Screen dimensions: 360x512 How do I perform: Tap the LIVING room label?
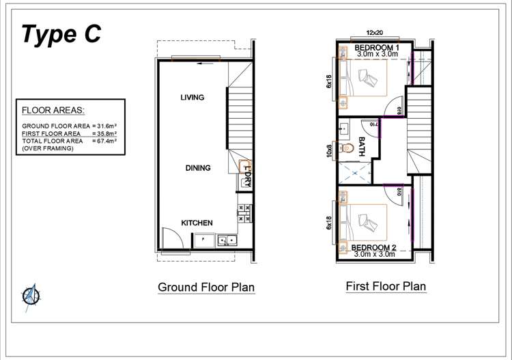pos(193,98)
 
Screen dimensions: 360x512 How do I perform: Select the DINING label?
pos(197,168)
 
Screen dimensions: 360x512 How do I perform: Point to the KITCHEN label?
pos(197,223)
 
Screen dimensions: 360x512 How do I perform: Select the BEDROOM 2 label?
pos(375,247)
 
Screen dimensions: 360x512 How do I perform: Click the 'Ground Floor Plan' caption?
pos(206,288)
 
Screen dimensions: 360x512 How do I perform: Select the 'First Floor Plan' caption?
pos(386,286)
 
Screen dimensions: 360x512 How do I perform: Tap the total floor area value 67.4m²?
pos(104,140)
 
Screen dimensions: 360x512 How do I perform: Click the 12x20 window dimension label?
pos(375,32)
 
